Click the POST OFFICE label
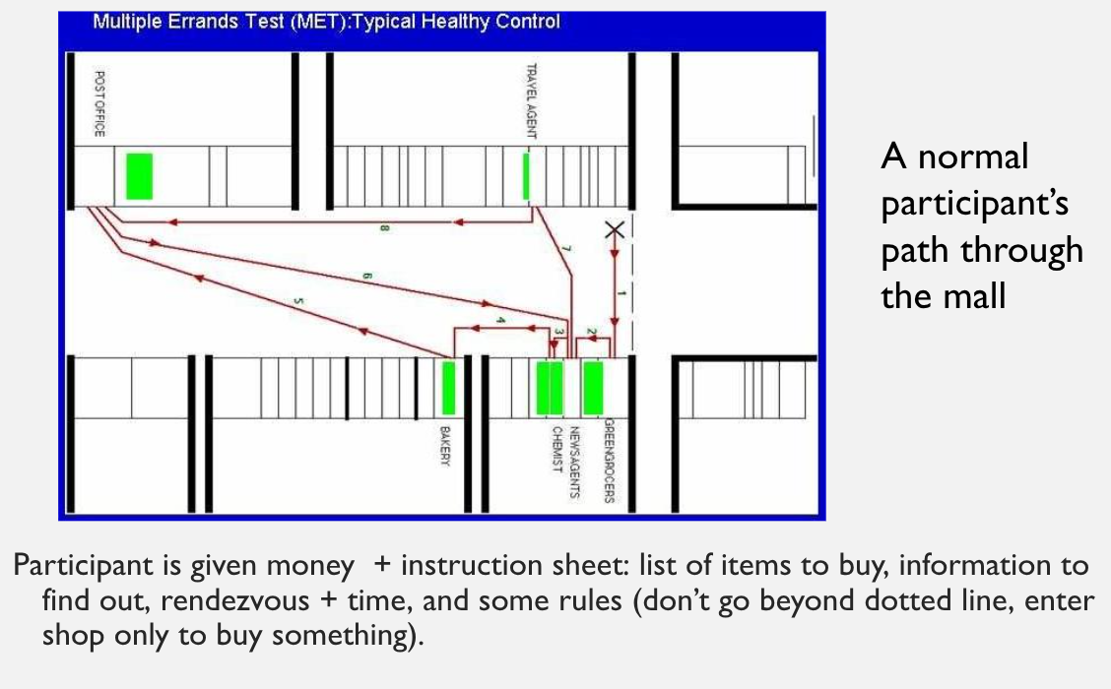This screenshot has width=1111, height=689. [x=99, y=103]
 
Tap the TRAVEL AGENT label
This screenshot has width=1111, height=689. [x=532, y=101]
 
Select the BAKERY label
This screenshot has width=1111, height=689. [x=445, y=446]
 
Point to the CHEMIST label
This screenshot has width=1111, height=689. [x=556, y=450]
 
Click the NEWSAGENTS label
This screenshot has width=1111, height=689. [x=574, y=462]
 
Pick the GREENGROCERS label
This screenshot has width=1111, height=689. [x=609, y=461]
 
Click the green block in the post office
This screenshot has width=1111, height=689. [x=140, y=176]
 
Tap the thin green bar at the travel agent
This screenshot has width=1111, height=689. [x=526, y=176]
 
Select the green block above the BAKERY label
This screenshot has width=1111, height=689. [x=448, y=388]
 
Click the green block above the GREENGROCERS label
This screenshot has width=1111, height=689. [x=593, y=388]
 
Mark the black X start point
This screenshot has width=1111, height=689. [x=615, y=229]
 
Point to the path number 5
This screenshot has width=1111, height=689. [x=298, y=301]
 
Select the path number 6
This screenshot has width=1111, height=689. [x=366, y=277]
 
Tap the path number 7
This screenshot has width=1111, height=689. [x=566, y=249]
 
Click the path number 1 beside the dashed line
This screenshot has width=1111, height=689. [x=621, y=293]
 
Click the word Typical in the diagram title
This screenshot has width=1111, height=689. [x=384, y=22]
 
